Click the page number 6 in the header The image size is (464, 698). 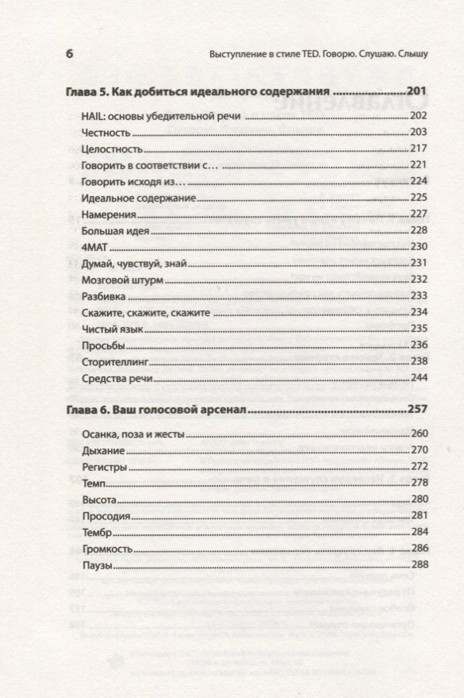click(x=68, y=55)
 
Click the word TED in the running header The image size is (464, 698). click(x=313, y=56)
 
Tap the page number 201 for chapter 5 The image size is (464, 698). click(x=417, y=91)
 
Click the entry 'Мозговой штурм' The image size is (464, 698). click(x=115, y=279)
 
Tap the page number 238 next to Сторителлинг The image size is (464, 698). click(x=419, y=361)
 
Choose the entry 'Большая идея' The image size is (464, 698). click(x=110, y=230)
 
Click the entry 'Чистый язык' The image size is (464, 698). click(x=109, y=328)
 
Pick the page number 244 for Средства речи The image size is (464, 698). click(x=419, y=378)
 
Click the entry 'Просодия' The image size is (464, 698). click(x=105, y=516)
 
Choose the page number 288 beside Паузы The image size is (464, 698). click(x=419, y=565)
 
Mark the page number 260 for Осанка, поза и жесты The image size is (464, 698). click(x=419, y=434)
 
